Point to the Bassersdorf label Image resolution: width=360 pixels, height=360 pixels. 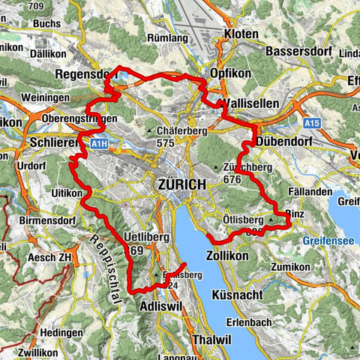click(300, 52)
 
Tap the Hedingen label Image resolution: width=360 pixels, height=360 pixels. click(61, 332)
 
